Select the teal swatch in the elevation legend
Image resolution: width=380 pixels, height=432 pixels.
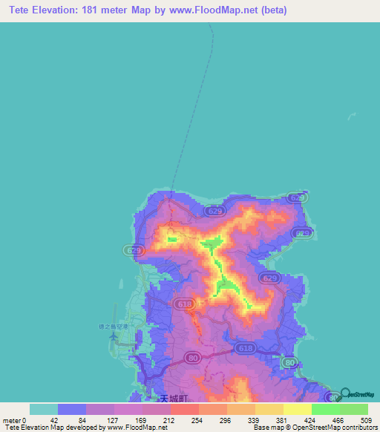click(x=44, y=409)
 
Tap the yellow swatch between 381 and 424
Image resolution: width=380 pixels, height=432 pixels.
click(x=298, y=409)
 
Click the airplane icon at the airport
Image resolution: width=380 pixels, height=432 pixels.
click(x=114, y=336)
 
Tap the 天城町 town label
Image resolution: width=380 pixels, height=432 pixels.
click(x=174, y=399)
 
